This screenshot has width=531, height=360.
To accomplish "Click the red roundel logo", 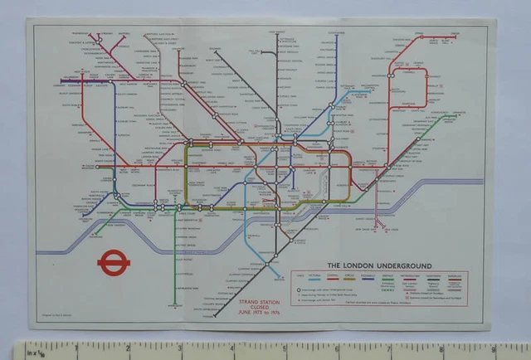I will coord(110,262).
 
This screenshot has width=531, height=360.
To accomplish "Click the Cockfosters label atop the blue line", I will coord(335,34).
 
